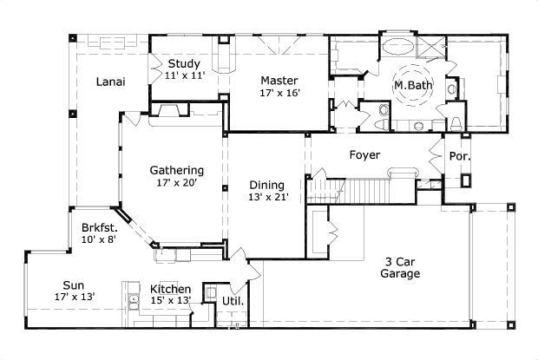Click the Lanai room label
point(110,82)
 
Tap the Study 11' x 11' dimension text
point(185,75)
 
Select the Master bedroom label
point(279,81)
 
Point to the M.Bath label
point(413,85)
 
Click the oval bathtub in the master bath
point(398,47)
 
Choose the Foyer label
point(364,155)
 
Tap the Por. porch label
point(459,156)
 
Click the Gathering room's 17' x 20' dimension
point(176,183)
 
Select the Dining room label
point(267,185)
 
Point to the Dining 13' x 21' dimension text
point(268,197)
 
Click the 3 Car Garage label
point(400,268)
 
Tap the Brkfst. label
point(100,227)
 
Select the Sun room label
point(74,285)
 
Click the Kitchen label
point(171,289)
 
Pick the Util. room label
point(233,301)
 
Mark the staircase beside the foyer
point(360,190)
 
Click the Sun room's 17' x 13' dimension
point(75,297)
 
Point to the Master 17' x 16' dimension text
point(280,93)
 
